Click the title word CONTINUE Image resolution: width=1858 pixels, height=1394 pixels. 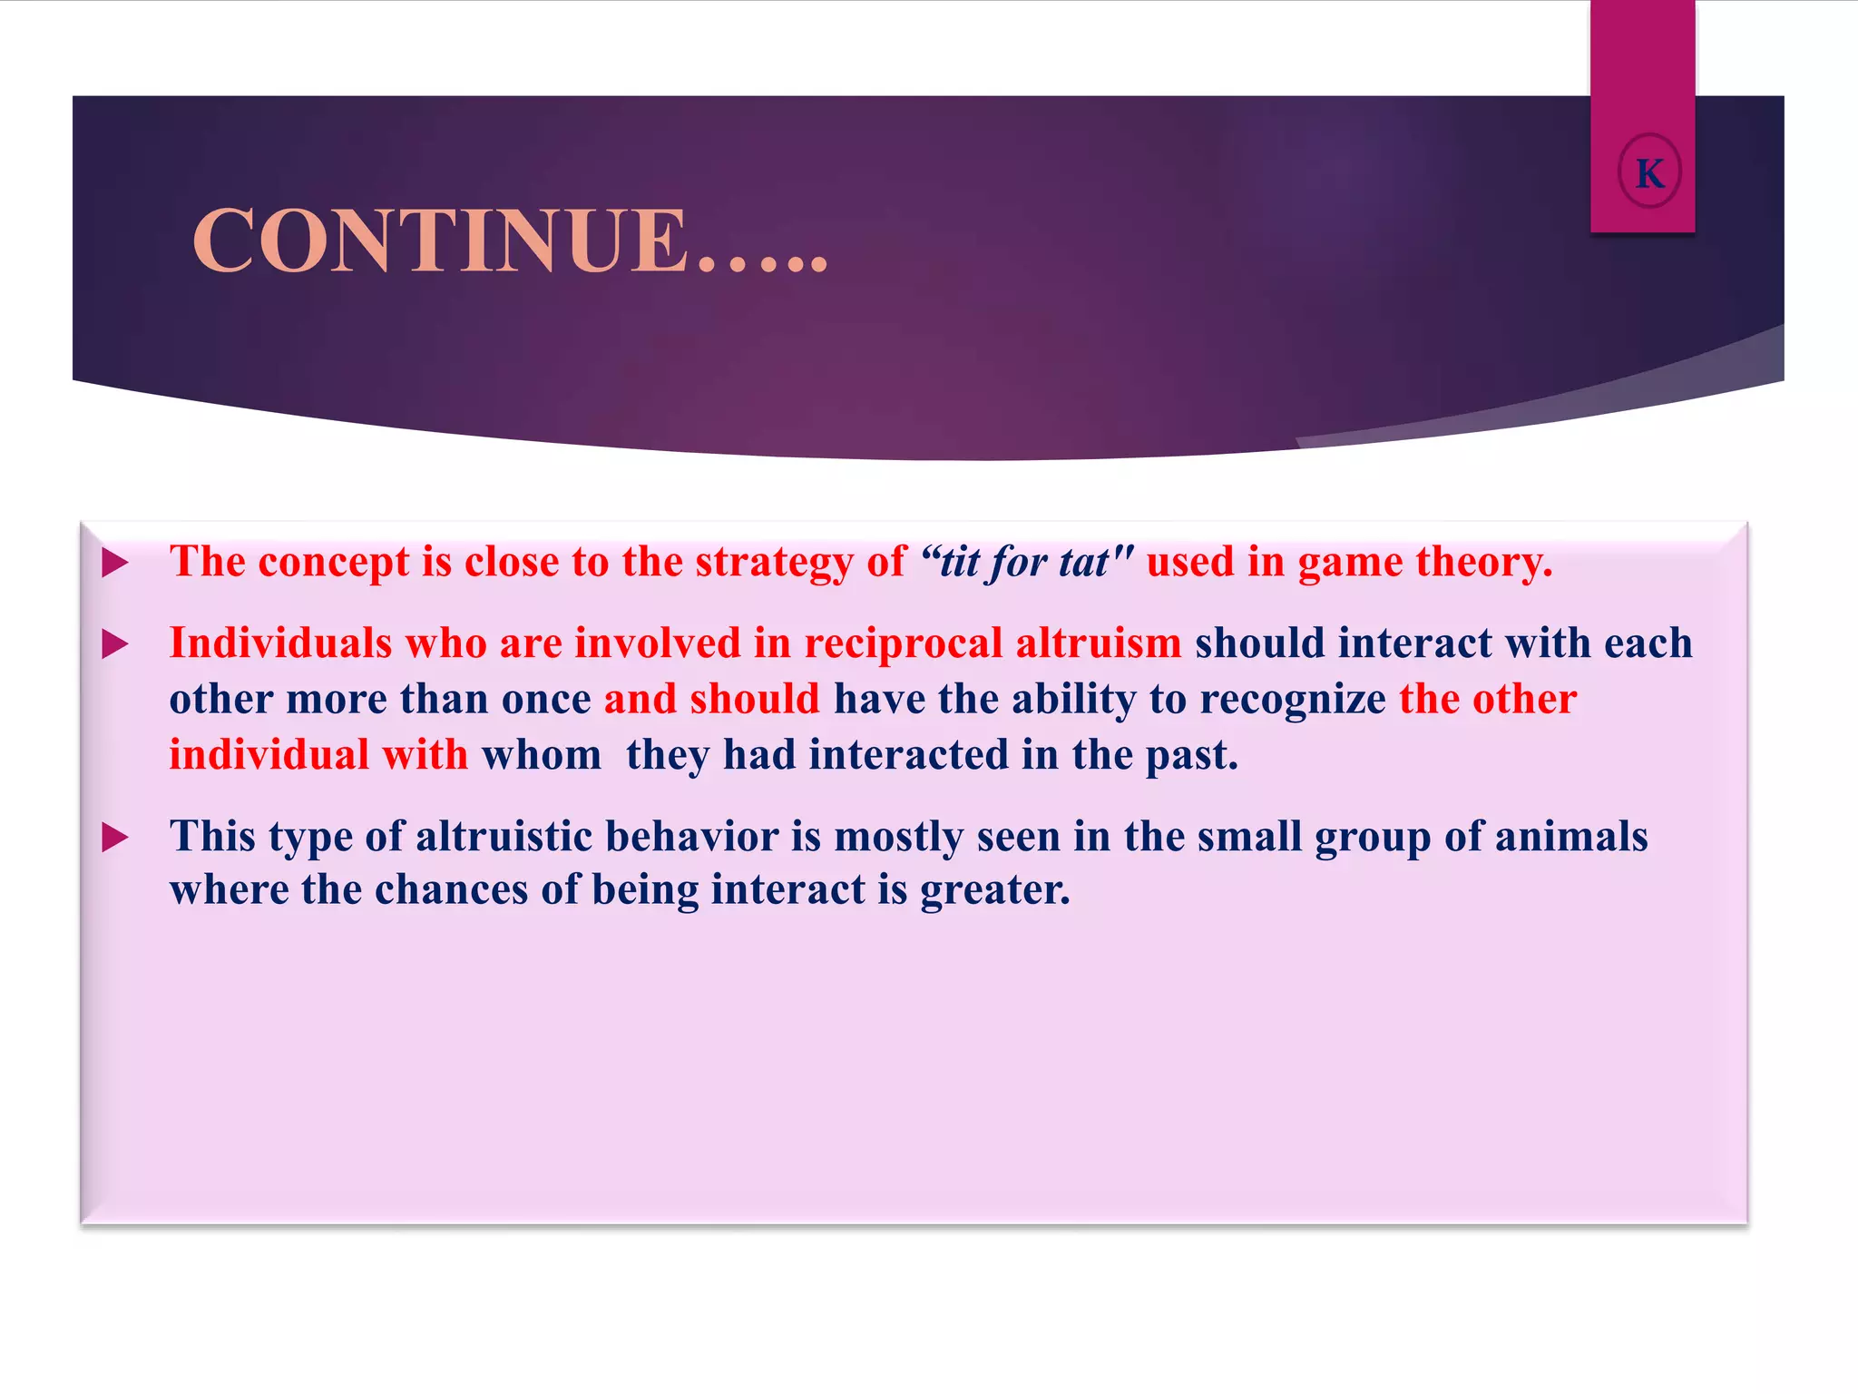[x=440, y=241]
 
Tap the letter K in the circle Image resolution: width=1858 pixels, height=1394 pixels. [x=1649, y=172]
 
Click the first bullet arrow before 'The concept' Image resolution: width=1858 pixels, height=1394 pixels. [x=115, y=564]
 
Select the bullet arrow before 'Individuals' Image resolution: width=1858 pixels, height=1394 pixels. [x=115, y=645]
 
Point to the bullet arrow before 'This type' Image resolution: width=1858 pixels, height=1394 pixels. [x=115, y=838]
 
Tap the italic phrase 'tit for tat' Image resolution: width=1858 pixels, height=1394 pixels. [x=1024, y=563]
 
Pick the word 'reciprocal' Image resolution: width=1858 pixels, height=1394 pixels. [x=904, y=643]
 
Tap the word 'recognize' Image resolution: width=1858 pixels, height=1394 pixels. [x=1293, y=700]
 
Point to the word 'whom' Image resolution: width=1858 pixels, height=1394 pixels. [x=542, y=755]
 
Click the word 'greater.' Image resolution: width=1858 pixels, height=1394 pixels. [x=995, y=890]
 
